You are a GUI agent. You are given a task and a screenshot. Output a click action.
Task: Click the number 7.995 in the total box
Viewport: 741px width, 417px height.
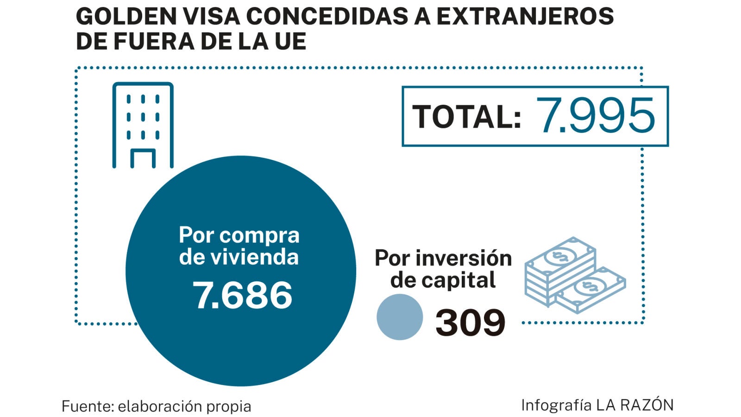point(596,116)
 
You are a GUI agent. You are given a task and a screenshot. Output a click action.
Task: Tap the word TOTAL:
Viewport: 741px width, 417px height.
point(467,117)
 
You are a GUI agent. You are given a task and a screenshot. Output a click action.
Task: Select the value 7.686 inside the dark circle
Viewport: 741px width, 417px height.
point(242,295)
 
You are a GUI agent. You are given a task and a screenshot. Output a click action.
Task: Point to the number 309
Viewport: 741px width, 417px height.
point(470,322)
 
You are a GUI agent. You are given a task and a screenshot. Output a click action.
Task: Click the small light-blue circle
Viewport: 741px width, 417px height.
point(400,317)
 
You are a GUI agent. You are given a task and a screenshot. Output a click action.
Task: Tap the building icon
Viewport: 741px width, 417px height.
point(143,125)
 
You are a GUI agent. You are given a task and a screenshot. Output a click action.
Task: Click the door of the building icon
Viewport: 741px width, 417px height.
point(143,158)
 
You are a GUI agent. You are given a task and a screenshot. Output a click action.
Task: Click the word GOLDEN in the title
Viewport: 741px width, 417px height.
point(126,17)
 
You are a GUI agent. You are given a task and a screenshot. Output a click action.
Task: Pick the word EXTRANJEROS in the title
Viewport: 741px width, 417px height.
point(525,17)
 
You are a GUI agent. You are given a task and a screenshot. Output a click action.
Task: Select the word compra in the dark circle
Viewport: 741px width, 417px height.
point(259,235)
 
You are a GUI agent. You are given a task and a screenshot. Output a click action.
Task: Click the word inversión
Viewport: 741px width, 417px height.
point(464,258)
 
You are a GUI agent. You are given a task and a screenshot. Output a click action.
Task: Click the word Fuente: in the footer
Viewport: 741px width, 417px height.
point(88,406)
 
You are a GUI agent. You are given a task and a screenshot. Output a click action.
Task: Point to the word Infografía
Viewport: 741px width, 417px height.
point(556,405)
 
